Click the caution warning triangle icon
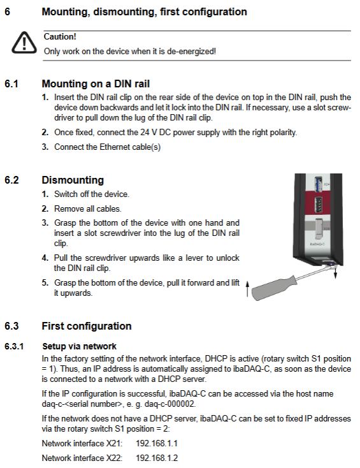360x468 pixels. point(24,43)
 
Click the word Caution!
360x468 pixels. point(60,37)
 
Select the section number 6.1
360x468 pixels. point(11,84)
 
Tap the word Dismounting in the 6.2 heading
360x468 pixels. point(73,180)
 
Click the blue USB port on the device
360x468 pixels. point(319,184)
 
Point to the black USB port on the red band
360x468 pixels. point(319,205)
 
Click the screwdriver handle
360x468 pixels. point(274,288)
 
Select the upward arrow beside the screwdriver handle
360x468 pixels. point(247,289)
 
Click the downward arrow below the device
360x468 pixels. point(336,272)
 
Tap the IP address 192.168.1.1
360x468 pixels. point(157,443)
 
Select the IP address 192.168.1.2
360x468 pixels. point(157,458)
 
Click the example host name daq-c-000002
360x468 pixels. point(170,404)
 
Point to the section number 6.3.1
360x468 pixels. point(14,346)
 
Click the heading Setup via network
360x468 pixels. point(80,346)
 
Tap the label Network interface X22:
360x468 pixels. point(82,458)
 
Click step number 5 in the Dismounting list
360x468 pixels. point(45,282)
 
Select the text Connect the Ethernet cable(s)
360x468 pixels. point(108,147)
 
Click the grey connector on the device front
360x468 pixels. point(319,230)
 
